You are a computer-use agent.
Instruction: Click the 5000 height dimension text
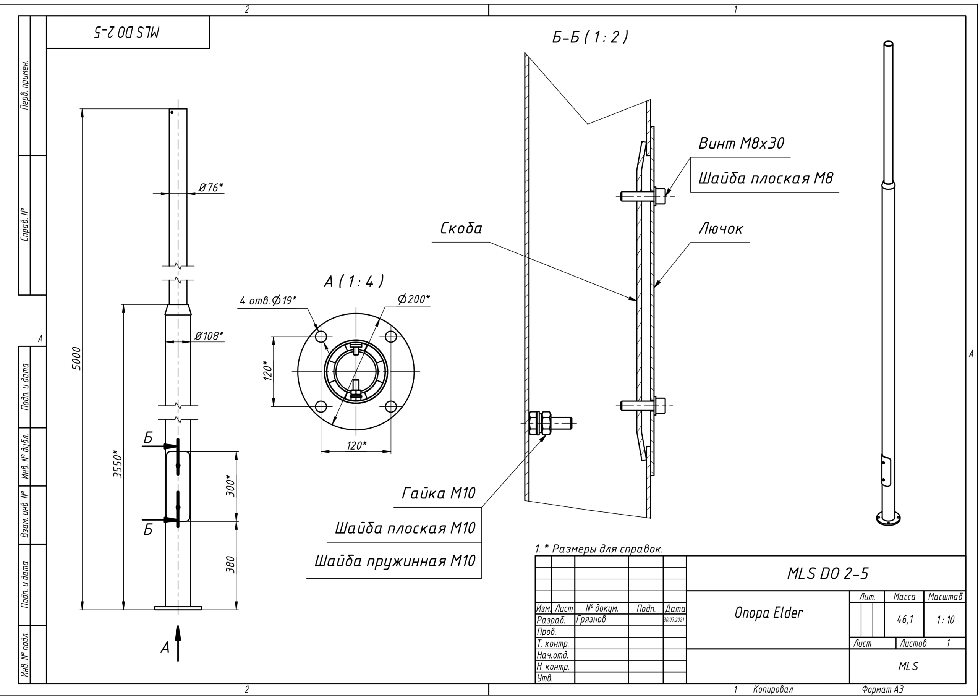tap(76, 358)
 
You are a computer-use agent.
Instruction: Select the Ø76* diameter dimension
tap(210, 187)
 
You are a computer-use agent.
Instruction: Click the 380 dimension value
tap(231, 565)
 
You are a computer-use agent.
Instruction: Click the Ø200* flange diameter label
tap(413, 299)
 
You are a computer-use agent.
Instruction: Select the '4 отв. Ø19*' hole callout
tap(268, 301)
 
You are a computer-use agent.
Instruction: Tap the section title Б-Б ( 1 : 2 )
tap(590, 37)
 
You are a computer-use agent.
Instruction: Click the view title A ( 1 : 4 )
tap(353, 282)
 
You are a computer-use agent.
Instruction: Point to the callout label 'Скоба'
tap(461, 228)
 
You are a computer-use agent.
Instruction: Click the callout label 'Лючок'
tap(720, 228)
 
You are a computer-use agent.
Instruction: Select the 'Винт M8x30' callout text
tap(741, 143)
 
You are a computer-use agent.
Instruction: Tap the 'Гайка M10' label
tap(438, 493)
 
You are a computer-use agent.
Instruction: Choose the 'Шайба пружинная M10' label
tap(395, 561)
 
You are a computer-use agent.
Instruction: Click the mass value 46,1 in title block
tap(904, 620)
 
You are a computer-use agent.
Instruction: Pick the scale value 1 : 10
tap(945, 620)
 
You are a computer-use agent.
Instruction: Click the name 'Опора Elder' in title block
tap(768, 613)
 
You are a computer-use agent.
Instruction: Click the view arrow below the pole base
tap(178, 642)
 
